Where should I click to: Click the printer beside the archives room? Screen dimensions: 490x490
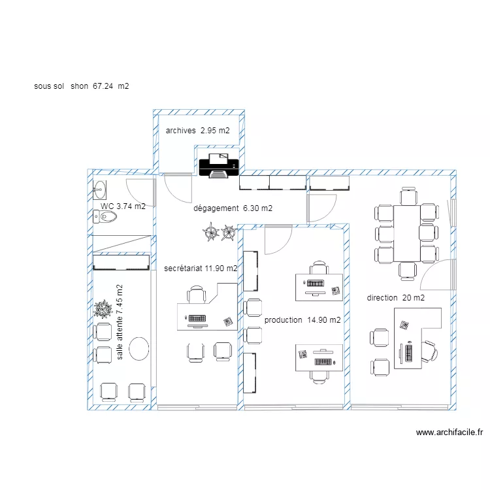click(x=219, y=166)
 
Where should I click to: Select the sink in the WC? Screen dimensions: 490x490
click(x=99, y=190)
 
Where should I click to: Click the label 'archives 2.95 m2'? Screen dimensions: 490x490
click(x=197, y=131)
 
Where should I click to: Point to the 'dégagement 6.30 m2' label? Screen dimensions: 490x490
click(x=233, y=208)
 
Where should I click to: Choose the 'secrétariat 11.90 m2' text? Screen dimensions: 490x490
click(x=201, y=268)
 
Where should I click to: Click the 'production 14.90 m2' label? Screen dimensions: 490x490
click(x=302, y=320)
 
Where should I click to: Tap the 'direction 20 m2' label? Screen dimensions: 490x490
click(x=395, y=298)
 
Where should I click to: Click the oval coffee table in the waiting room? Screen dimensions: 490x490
click(x=139, y=348)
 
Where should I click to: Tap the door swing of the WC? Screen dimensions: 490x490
click(x=139, y=190)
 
